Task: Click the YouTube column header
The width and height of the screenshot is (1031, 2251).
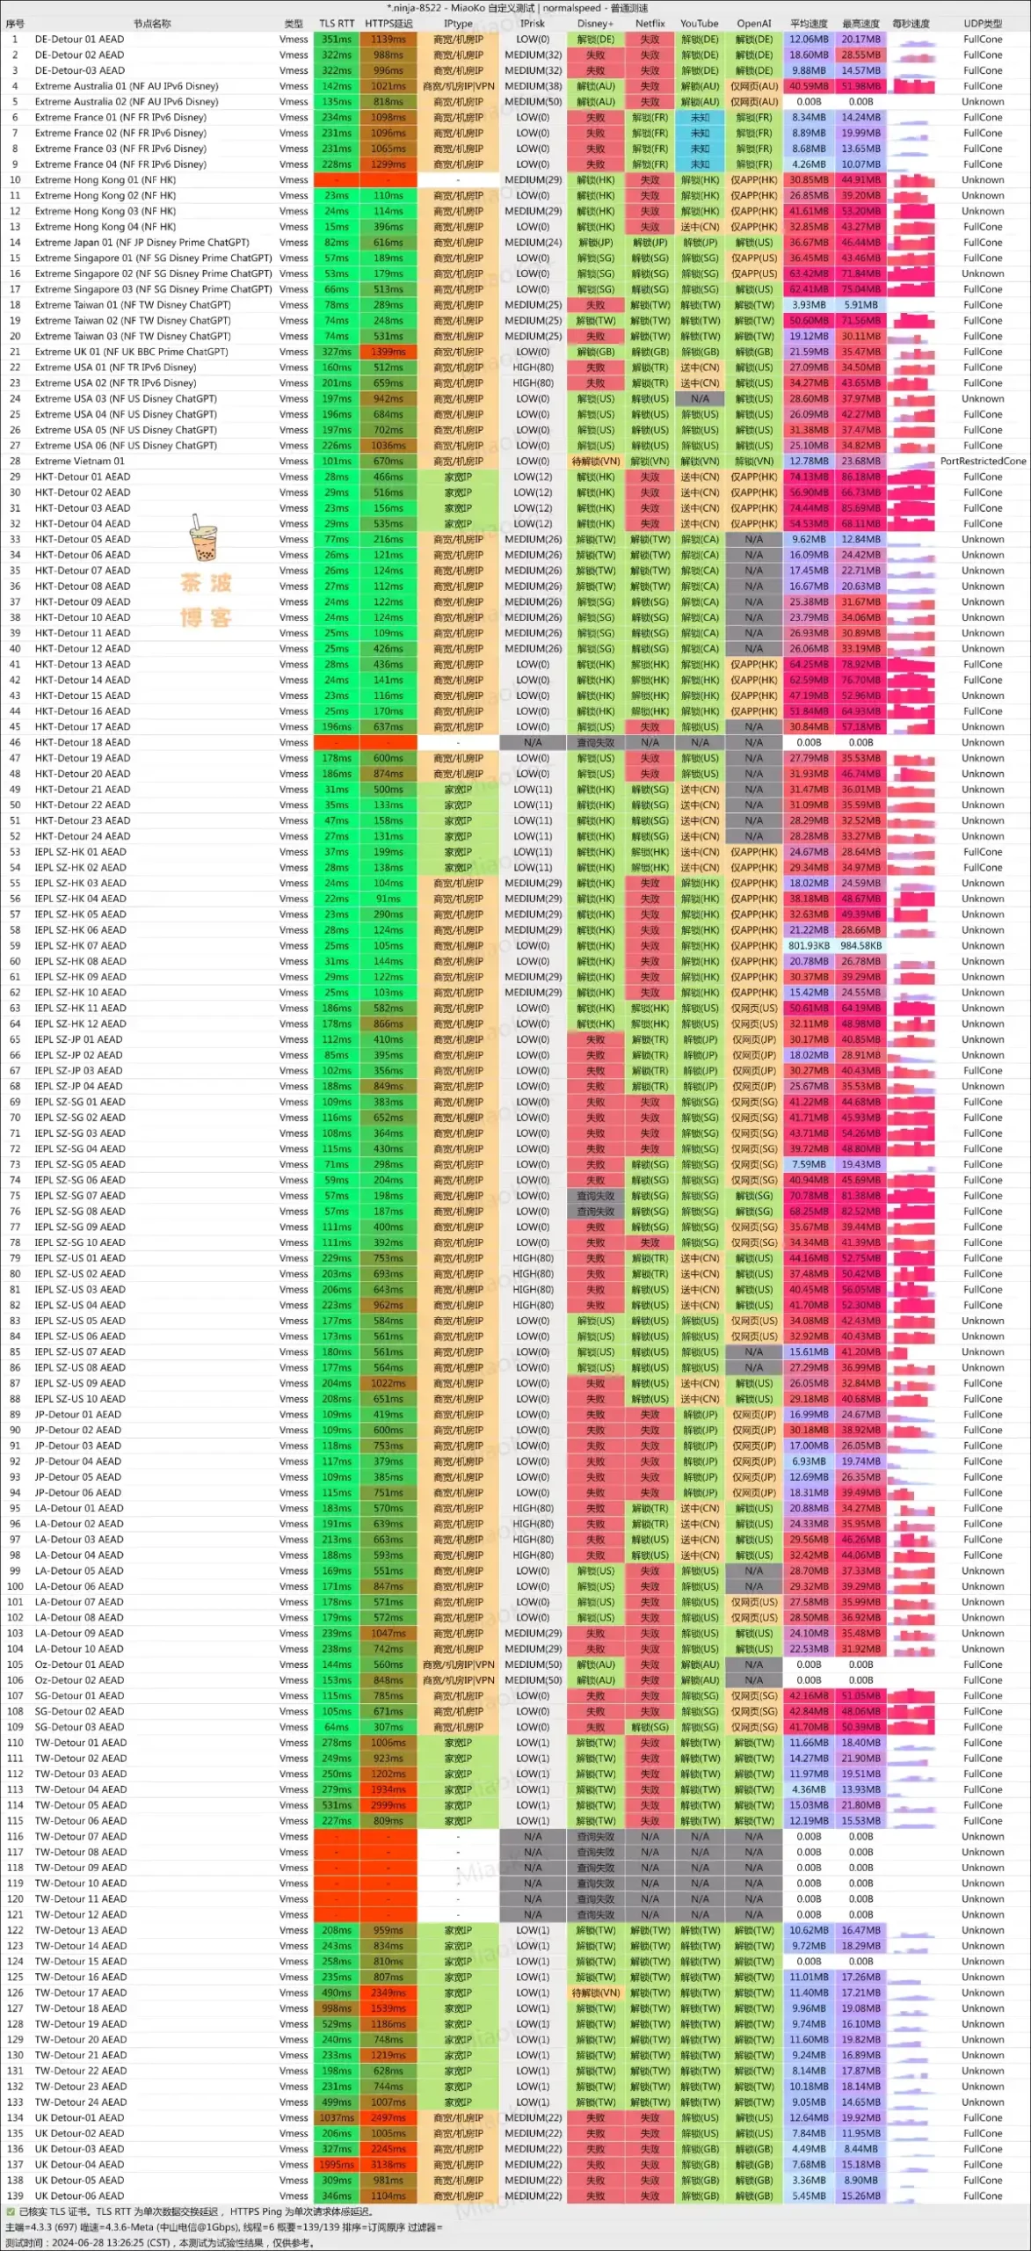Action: [699, 24]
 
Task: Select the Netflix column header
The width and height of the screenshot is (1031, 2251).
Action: [650, 24]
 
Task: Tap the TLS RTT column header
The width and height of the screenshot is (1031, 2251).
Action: [337, 24]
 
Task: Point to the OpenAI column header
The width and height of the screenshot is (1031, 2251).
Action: [753, 24]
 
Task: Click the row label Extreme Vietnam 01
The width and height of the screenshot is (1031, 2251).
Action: [80, 461]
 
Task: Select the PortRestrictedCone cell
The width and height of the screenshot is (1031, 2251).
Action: [983, 461]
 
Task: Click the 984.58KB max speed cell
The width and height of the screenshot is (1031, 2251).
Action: [861, 946]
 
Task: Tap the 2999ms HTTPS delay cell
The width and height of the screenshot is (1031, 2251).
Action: [388, 1805]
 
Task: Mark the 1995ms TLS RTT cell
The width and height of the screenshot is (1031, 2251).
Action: [337, 2165]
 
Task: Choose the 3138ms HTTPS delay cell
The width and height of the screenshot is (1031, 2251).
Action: [388, 2165]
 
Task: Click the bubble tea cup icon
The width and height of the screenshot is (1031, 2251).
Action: [203, 538]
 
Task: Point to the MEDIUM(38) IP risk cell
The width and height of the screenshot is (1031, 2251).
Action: [533, 86]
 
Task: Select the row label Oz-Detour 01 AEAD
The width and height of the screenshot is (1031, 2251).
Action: [79, 1665]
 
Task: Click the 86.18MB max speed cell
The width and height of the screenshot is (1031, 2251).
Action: [861, 477]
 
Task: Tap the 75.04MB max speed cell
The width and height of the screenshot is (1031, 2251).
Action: [861, 289]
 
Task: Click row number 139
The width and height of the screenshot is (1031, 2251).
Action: [15, 2196]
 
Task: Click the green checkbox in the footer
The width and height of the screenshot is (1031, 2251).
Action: [11, 2211]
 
